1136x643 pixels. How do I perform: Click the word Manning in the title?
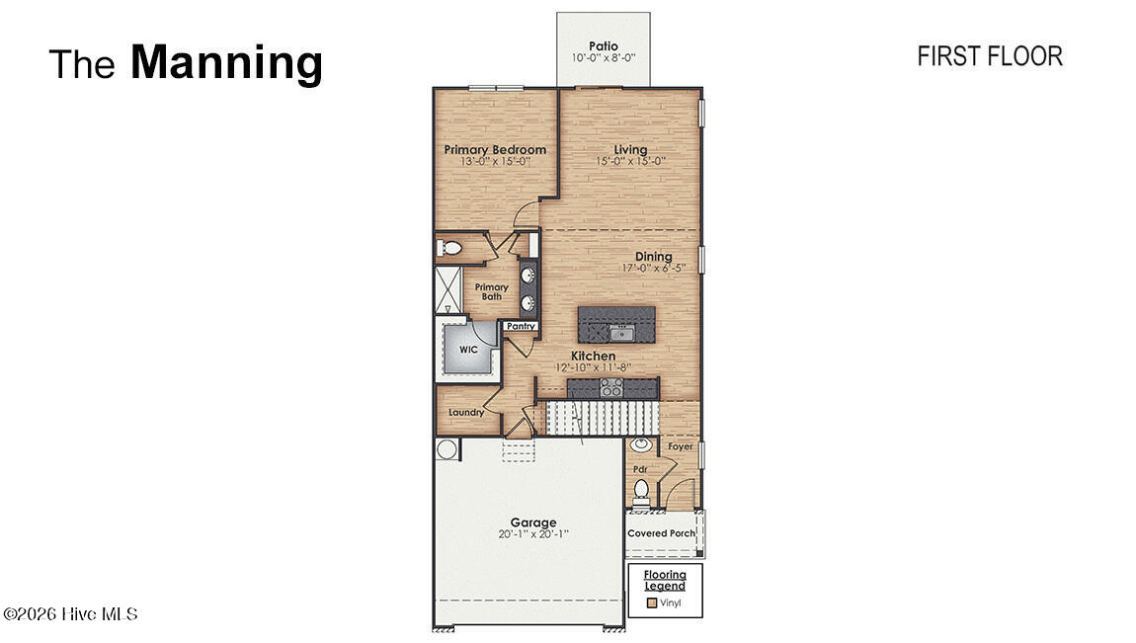(226, 62)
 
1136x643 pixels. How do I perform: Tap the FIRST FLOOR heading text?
(989, 56)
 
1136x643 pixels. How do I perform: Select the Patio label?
(603, 45)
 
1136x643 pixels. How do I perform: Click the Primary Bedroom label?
(494, 150)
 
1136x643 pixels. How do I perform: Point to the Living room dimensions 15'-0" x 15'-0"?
(630, 161)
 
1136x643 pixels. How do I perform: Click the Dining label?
(653, 257)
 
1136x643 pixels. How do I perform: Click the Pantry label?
(520, 326)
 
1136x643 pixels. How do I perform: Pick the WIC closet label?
(467, 350)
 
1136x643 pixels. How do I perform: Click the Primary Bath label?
(491, 291)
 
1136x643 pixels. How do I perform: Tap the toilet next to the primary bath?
(450, 248)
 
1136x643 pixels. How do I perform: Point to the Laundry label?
(466, 412)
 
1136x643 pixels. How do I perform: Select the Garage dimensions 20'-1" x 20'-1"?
(533, 534)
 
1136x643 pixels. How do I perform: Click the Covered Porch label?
(661, 533)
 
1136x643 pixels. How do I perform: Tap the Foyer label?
(681, 446)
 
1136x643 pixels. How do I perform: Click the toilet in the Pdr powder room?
(640, 489)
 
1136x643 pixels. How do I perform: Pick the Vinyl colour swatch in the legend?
(651, 603)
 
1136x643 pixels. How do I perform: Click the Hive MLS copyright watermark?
(70, 614)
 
